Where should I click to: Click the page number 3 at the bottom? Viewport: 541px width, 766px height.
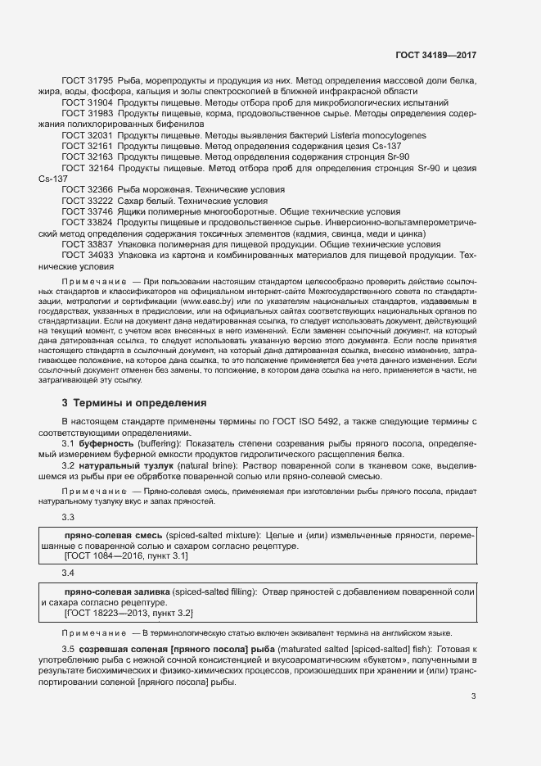pos(474,696)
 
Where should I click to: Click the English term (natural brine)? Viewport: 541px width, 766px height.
pos(181,465)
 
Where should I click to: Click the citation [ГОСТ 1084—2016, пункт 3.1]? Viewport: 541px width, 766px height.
pos(126,556)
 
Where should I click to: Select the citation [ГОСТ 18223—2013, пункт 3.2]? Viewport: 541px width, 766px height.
pos(128,612)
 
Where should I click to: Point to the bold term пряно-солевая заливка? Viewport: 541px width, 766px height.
pos(117,591)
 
